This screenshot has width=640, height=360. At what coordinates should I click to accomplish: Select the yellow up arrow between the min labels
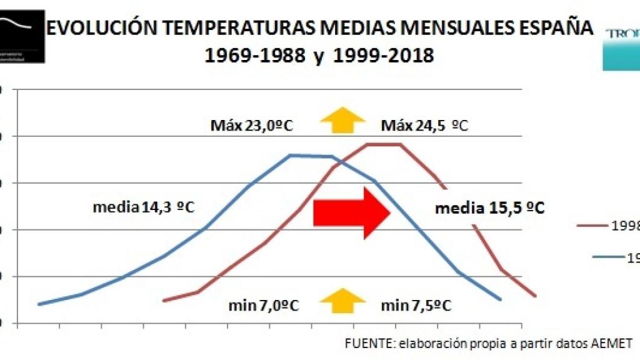[342, 301]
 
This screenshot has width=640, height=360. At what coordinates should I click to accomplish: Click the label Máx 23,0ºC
[251, 126]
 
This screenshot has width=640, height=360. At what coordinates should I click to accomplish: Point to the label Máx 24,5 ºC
[424, 126]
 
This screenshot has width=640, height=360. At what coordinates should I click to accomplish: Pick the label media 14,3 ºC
[144, 207]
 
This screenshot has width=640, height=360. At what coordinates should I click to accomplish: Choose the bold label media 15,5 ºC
[489, 208]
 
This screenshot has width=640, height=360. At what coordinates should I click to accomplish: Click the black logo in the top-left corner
[22, 36]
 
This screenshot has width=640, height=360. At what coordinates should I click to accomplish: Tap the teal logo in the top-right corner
[621, 48]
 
